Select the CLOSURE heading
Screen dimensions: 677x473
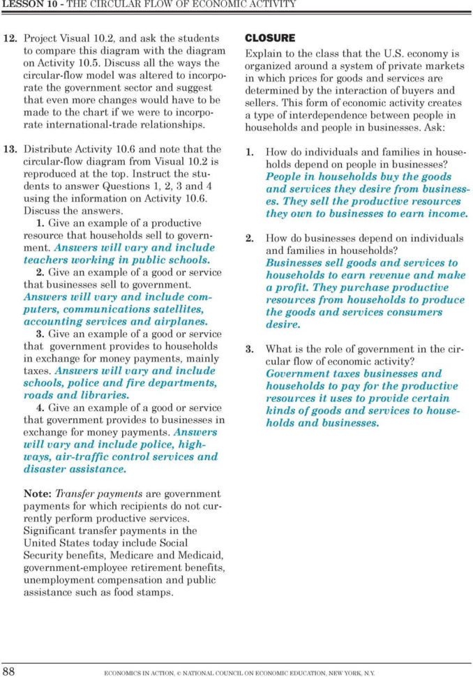270,38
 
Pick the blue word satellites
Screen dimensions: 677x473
178,309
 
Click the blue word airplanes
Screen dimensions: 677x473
183,322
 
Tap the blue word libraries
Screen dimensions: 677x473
106,395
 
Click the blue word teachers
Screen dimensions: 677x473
46,260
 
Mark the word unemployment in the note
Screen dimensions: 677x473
59,579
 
